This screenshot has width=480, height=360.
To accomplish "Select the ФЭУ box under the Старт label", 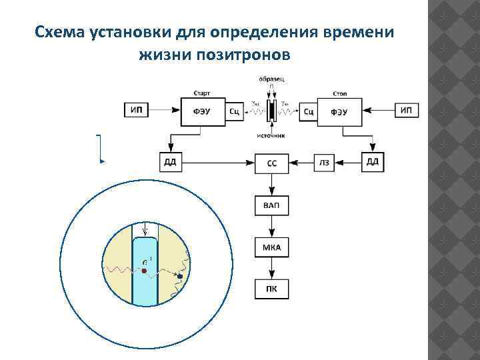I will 203,111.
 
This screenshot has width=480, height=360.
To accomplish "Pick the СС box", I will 272,162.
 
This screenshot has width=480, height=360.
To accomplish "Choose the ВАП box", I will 272,205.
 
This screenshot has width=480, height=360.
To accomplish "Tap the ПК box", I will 272,289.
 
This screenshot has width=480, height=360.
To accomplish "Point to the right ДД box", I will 373,162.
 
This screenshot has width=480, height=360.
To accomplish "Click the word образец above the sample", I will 271,79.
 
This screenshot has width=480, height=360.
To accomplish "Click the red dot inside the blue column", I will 144,271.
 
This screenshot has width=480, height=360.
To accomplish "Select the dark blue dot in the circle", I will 179,276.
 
